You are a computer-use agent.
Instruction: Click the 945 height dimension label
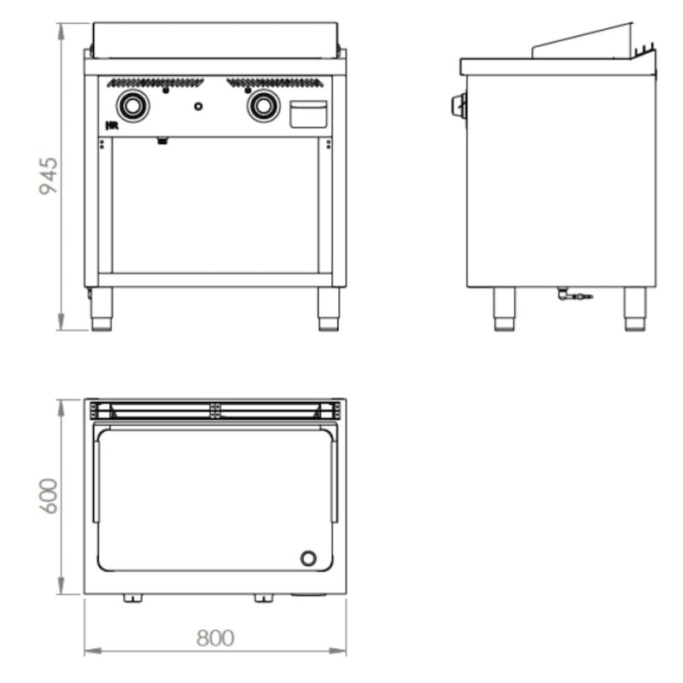tap(49, 176)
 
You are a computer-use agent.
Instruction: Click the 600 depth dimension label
tap(49, 496)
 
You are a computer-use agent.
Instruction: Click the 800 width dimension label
tap(215, 639)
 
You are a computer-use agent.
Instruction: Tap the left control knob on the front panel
tap(133, 105)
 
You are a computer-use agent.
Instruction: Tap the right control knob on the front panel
tap(264, 105)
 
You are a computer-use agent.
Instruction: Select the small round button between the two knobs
tap(198, 106)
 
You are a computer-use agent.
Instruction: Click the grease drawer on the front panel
tap(308, 114)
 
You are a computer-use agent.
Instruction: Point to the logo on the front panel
tap(113, 126)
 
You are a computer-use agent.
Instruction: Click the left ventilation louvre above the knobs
tap(155, 82)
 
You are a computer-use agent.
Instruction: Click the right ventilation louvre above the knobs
tap(275, 82)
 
